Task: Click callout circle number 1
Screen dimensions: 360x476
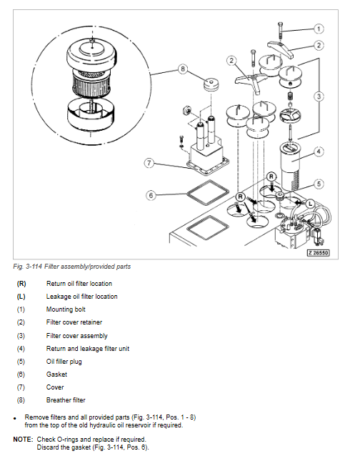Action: point(319,29)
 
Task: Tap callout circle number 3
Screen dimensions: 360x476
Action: point(319,96)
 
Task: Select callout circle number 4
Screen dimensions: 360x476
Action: point(319,152)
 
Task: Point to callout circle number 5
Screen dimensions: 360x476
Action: point(319,184)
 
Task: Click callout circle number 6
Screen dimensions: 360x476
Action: point(151,195)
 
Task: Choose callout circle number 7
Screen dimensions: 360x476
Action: point(149,164)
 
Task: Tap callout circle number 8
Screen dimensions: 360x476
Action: point(183,69)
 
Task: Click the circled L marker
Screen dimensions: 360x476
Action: point(310,204)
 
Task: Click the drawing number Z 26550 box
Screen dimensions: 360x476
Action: point(319,252)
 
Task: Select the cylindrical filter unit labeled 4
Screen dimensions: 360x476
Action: point(291,167)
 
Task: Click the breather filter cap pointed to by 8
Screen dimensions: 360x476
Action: point(211,84)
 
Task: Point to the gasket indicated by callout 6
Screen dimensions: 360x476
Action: point(208,194)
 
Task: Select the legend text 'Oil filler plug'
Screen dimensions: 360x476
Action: point(64,362)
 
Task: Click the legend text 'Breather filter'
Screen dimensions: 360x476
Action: point(66,400)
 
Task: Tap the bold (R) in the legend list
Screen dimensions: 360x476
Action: point(21,284)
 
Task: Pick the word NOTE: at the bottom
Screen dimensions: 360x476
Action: point(23,440)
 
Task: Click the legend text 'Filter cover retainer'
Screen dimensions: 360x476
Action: point(74,322)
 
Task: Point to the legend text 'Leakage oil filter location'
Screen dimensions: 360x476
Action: point(81,297)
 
